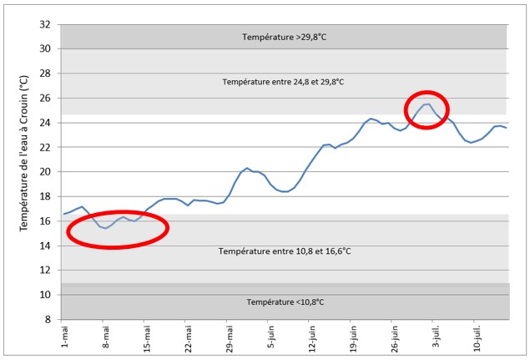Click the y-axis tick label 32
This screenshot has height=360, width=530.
tap(47, 24)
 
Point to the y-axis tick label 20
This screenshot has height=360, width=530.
tap(47, 172)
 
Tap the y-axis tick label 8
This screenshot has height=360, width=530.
tap(49, 319)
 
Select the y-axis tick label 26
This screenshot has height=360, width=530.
tap(47, 99)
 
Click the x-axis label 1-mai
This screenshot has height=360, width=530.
tap(65, 335)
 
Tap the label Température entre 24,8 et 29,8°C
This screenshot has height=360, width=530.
tap(283, 82)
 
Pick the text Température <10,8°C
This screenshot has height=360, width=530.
tap(285, 302)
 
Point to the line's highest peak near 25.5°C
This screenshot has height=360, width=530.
tap(427, 104)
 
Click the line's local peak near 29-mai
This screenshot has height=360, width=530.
tap(247, 168)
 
